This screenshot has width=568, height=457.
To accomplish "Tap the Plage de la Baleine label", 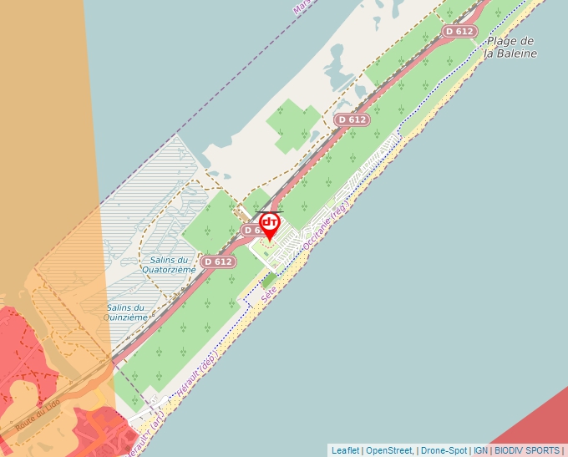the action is [x=510, y=47].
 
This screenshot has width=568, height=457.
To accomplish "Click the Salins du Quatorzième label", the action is [x=169, y=265].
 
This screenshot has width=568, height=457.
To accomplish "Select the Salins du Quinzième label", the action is [x=127, y=312].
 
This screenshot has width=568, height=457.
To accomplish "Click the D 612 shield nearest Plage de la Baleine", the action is [x=459, y=32].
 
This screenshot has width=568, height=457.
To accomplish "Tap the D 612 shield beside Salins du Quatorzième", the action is [x=217, y=262].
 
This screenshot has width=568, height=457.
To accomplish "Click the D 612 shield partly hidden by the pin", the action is [x=252, y=230].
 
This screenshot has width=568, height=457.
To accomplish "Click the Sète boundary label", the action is [x=269, y=295].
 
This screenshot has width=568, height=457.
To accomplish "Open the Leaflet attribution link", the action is [x=346, y=450].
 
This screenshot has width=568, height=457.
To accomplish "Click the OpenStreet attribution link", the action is [x=388, y=450].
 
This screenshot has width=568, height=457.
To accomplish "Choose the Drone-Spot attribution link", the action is [x=443, y=450].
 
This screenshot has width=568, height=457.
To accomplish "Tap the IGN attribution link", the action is [x=481, y=450].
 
